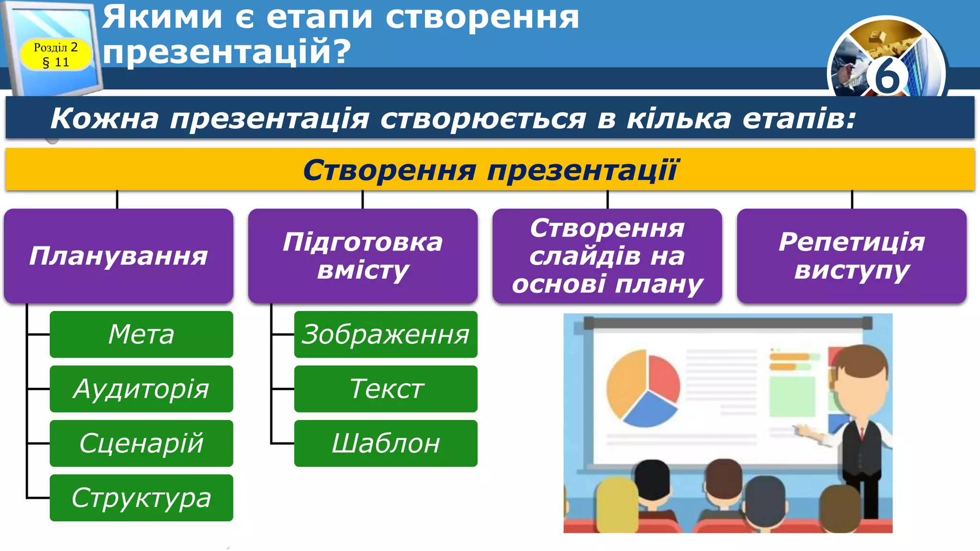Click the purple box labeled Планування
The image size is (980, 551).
pos(118,255)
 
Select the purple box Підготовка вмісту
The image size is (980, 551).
pos(363,255)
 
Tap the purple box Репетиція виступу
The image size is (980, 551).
pos(852,255)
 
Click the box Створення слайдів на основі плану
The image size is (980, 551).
pos(607,255)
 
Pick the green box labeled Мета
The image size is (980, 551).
pos(141,334)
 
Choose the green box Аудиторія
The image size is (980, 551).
pos(141,388)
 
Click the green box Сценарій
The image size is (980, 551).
pos(141,443)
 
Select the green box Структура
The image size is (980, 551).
pos(141,497)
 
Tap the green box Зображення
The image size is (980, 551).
pos(386,334)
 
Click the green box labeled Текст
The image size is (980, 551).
pos(386,388)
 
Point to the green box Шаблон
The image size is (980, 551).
pos(386,443)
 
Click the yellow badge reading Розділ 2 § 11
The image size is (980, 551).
pos(56,55)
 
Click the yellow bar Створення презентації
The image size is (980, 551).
pos(490,170)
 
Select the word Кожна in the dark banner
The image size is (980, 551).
pos(104,118)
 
